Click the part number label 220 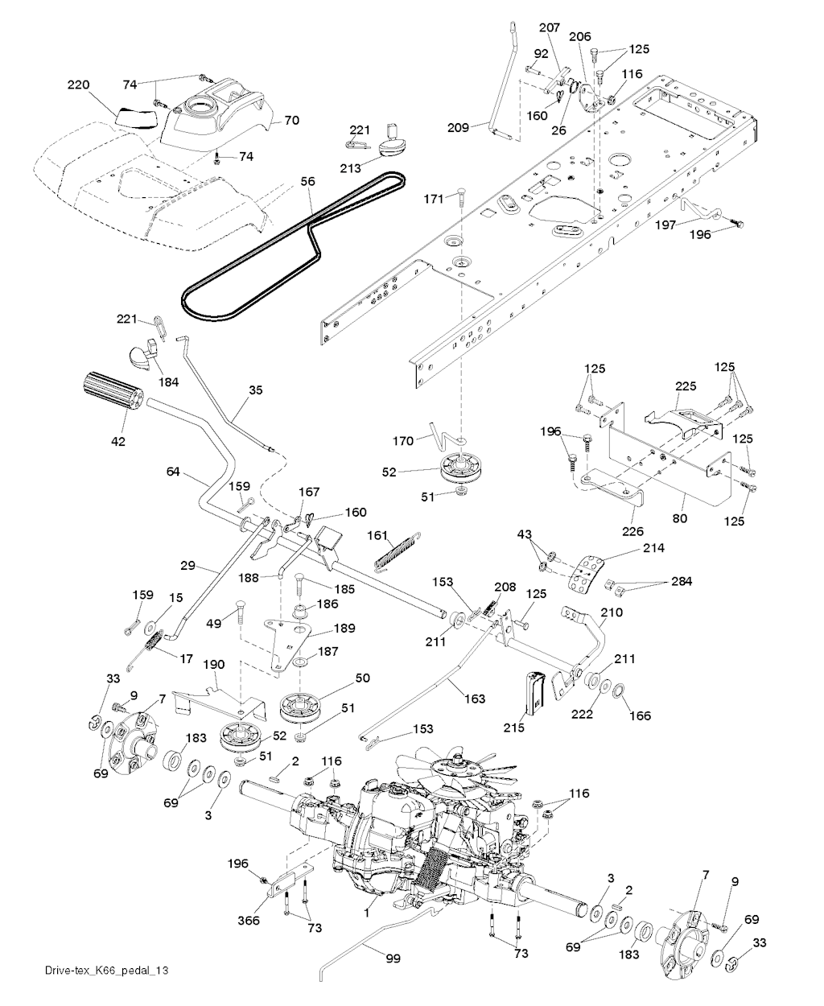[x=78, y=85]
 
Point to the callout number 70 [x=291, y=121]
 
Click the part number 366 [x=250, y=920]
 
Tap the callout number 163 [x=476, y=699]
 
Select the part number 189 [x=344, y=628]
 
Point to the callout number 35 [x=255, y=391]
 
